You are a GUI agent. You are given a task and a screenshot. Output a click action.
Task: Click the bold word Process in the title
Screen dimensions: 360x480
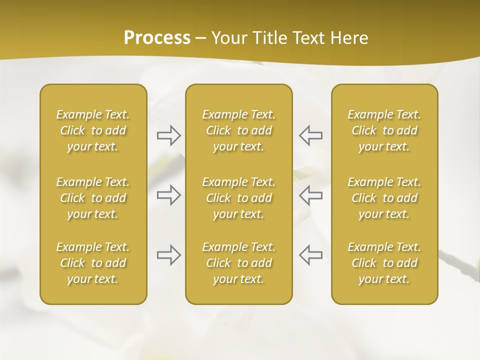click(157, 38)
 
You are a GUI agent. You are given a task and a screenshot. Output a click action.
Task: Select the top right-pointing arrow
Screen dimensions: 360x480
click(168, 135)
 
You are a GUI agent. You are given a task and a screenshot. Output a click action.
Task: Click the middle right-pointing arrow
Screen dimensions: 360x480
click(168, 195)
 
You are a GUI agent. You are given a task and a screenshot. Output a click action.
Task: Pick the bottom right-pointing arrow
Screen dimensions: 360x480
click(168, 255)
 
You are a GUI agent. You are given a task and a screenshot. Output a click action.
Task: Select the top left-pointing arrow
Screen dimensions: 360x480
click(311, 135)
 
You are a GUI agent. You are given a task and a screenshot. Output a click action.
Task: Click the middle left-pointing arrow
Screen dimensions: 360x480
click(311, 195)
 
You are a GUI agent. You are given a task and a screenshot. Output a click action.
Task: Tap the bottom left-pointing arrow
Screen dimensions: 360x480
click(311, 255)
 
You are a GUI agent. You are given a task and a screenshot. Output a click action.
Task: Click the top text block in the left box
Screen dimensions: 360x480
click(93, 130)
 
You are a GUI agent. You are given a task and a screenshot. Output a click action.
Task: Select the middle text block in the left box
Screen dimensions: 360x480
click(93, 198)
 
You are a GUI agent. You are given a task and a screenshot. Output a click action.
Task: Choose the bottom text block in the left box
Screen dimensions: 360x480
click(93, 263)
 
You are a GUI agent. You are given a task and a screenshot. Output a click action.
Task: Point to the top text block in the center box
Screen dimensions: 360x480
click(239, 130)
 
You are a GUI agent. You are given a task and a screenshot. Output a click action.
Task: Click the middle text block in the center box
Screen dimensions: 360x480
click(239, 198)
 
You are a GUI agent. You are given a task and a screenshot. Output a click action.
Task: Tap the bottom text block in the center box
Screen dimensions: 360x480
click(239, 263)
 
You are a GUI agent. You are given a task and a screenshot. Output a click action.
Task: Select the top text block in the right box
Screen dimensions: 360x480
click(384, 130)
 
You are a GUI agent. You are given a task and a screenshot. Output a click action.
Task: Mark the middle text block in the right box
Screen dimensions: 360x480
click(384, 198)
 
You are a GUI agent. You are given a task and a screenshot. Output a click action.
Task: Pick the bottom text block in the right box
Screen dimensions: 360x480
click(384, 263)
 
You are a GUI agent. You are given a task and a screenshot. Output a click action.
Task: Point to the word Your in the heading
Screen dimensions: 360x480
click(228, 38)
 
